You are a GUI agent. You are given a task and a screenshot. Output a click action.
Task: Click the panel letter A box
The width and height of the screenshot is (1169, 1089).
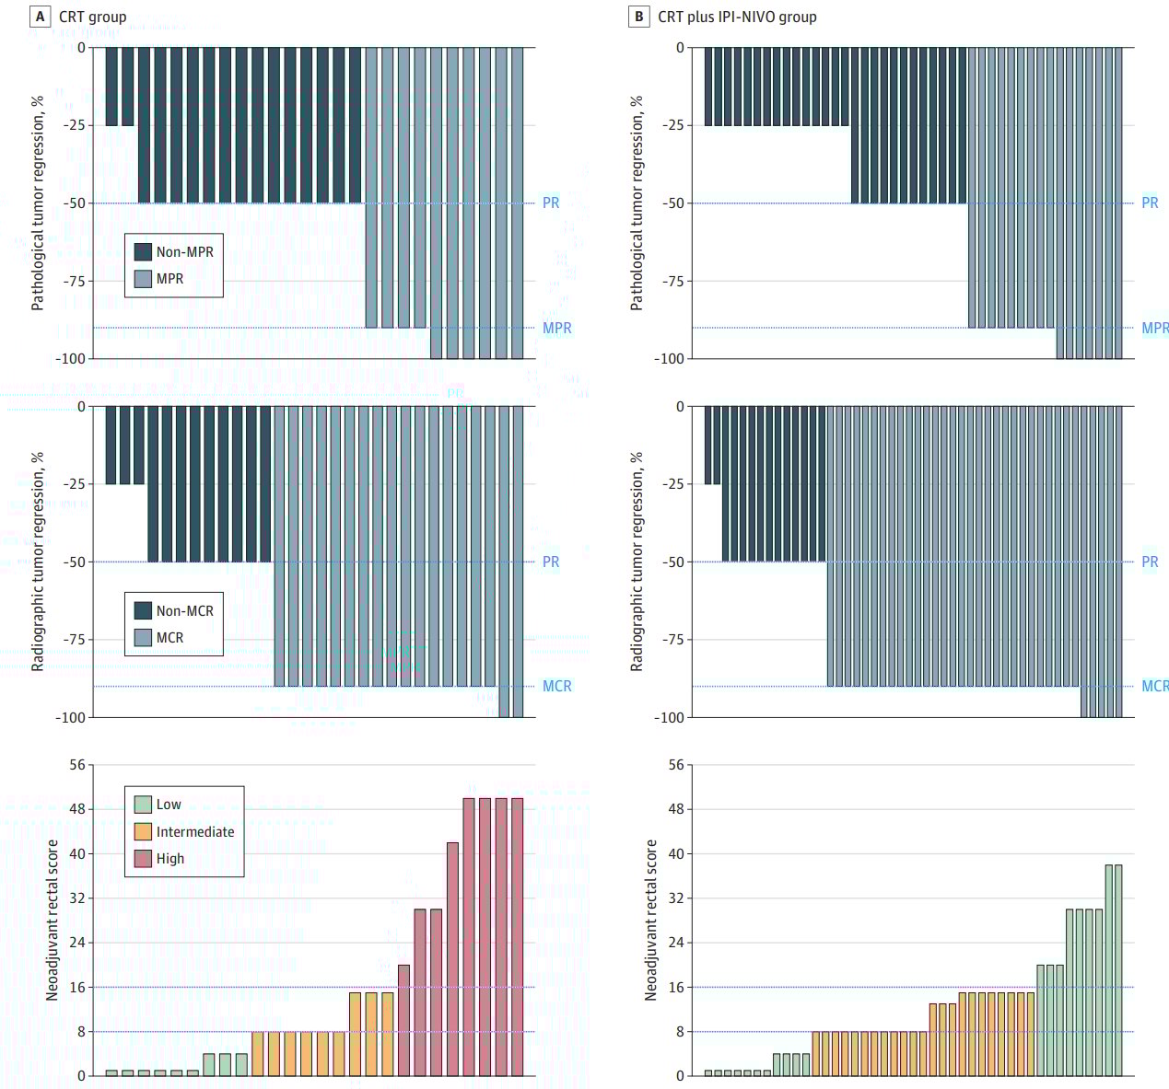[x=40, y=17]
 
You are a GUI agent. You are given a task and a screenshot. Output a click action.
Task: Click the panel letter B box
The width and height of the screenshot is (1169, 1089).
[x=638, y=17]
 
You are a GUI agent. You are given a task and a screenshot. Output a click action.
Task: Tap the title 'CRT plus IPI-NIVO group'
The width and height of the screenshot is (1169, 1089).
[x=737, y=17]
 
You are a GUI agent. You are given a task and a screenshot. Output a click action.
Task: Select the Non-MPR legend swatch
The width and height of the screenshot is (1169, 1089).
[x=143, y=251]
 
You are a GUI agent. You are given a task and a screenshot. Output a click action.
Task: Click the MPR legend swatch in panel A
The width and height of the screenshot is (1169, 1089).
[x=143, y=279]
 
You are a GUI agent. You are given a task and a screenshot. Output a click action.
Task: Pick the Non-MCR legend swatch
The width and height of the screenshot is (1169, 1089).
[x=143, y=610]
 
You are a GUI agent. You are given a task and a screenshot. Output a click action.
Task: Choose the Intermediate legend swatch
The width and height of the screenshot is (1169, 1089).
[x=143, y=831]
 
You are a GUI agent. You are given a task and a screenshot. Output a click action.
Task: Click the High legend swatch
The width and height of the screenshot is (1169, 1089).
[x=143, y=859]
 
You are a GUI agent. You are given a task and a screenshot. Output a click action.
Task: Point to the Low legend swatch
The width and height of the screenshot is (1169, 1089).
[x=143, y=805]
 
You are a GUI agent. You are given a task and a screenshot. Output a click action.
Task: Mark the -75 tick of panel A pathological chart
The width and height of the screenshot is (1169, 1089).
[x=74, y=281]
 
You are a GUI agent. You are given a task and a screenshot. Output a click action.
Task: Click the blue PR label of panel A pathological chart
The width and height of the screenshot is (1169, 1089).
[x=551, y=203]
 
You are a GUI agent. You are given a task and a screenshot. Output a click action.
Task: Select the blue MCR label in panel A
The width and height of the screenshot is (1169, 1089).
[x=556, y=686]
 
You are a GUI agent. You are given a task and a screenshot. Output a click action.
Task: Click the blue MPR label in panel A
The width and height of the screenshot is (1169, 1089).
[x=556, y=328]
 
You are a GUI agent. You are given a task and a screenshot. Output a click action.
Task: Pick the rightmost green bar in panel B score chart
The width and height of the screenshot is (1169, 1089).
[x=1118, y=969]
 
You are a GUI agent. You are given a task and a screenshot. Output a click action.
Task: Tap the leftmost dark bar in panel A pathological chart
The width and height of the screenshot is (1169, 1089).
[x=111, y=87]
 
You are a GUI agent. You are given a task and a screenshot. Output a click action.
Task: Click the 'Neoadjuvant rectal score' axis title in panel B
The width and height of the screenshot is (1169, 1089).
[x=651, y=920]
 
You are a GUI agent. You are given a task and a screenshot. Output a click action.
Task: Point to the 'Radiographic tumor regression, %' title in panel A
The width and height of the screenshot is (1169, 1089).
[x=38, y=561]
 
